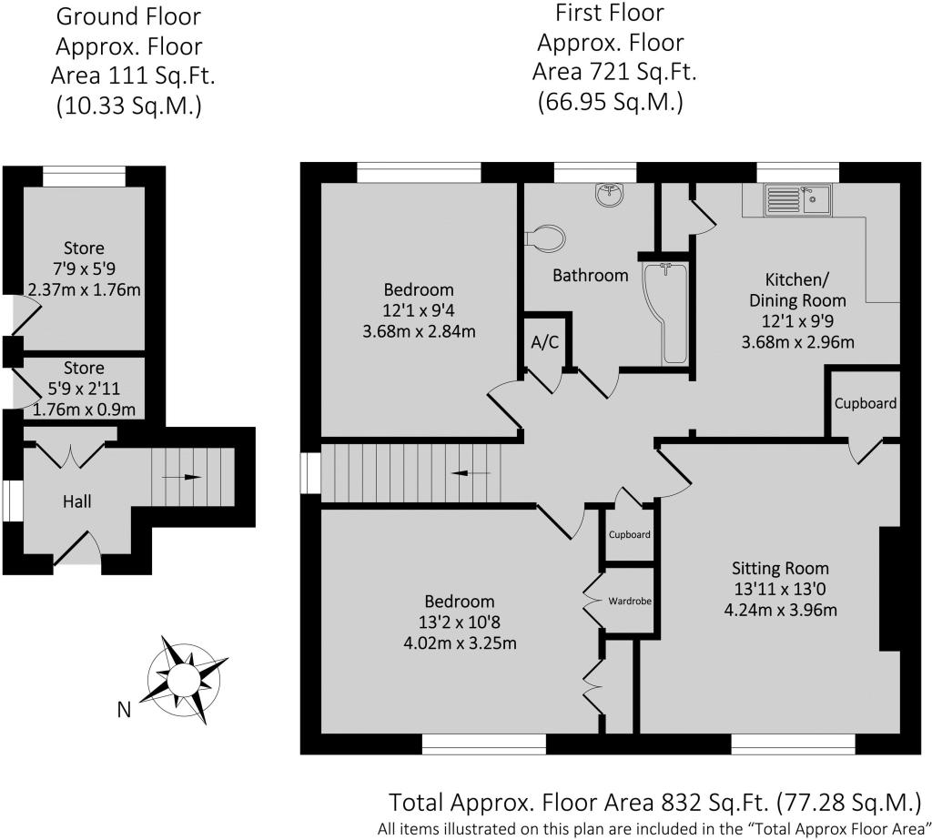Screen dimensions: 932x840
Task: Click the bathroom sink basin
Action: point(610,195)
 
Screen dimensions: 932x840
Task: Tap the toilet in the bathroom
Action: point(545,238)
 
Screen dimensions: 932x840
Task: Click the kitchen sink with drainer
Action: point(798,199)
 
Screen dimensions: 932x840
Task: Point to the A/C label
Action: point(545,342)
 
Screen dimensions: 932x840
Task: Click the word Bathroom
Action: point(590,275)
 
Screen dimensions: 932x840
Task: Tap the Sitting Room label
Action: point(780,569)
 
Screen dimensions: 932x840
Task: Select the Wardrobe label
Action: point(630,601)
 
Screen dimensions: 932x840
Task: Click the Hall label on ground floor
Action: point(77,501)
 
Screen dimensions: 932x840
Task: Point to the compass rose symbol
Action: point(184,678)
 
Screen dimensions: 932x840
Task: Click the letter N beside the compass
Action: point(124,710)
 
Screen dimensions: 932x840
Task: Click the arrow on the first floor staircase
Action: point(471,473)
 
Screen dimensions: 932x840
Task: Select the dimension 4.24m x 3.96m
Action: point(780,610)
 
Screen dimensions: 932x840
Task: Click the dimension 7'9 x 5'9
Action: point(84,269)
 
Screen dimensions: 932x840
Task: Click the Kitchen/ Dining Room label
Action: point(797,289)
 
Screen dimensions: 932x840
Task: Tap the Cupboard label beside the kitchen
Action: point(866,404)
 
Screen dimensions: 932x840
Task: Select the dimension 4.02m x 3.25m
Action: point(460,643)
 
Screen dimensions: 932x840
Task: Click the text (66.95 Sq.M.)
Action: point(611,102)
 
